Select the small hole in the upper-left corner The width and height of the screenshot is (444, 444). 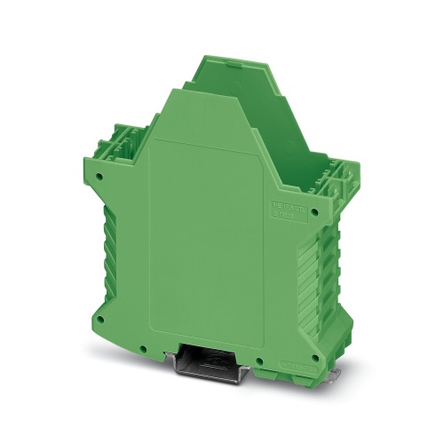click(x=99, y=177)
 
